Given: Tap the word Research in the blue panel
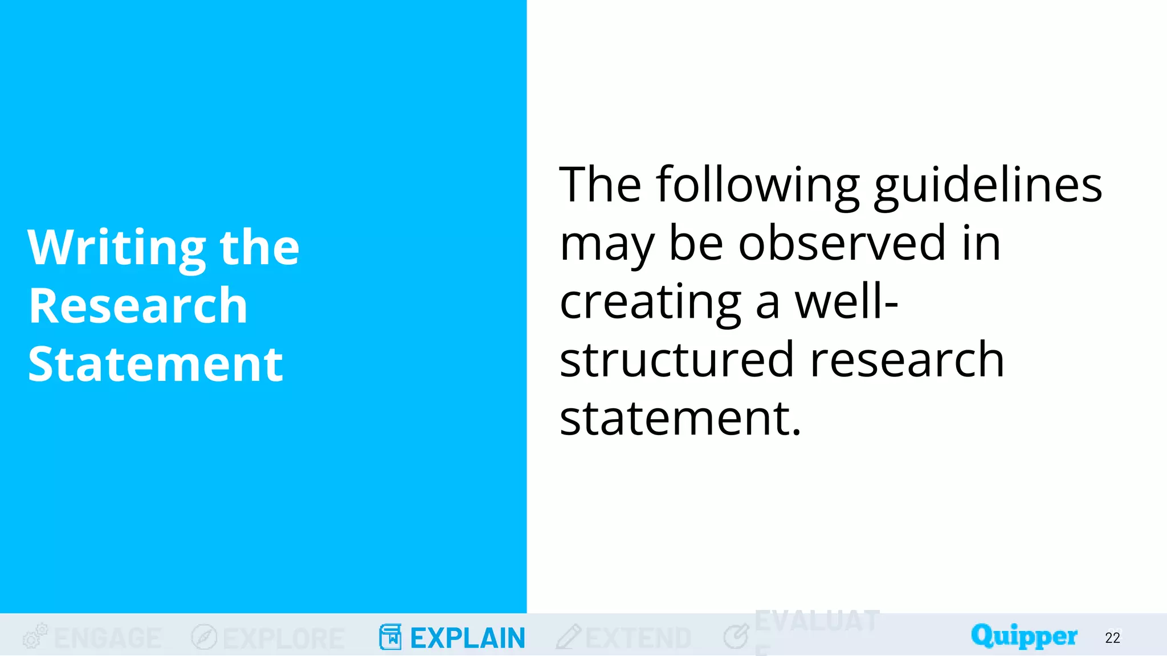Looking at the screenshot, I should tap(138, 306).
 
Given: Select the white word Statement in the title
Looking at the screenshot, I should tap(155, 364).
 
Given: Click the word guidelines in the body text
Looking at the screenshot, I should tap(988, 186).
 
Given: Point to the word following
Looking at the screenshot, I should tap(757, 186).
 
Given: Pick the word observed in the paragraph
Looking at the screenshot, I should tap(842, 244).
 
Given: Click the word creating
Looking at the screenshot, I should tap(650, 302).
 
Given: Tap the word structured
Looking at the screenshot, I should tap(676, 360).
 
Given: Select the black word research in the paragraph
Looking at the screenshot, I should tap(907, 360).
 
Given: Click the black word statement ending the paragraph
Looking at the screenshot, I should tap(680, 419).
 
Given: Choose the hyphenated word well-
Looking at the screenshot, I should tap(846, 302).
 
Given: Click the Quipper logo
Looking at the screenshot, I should tap(1024, 636).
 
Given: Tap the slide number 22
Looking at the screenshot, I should tap(1112, 638).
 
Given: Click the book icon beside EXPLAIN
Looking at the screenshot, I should tap(390, 637).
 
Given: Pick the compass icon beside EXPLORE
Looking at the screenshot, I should tap(204, 637).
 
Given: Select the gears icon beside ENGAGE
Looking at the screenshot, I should tap(35, 636).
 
